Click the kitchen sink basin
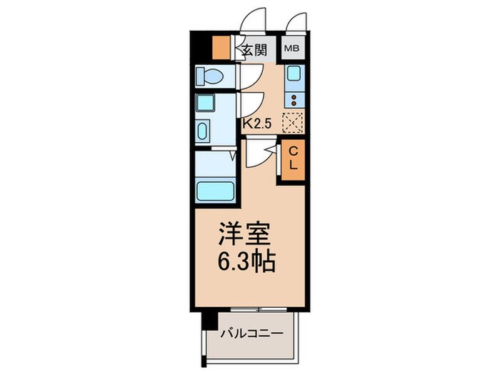[293, 74]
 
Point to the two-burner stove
[293, 99]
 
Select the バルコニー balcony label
[251, 333]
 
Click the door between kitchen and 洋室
[263, 154]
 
